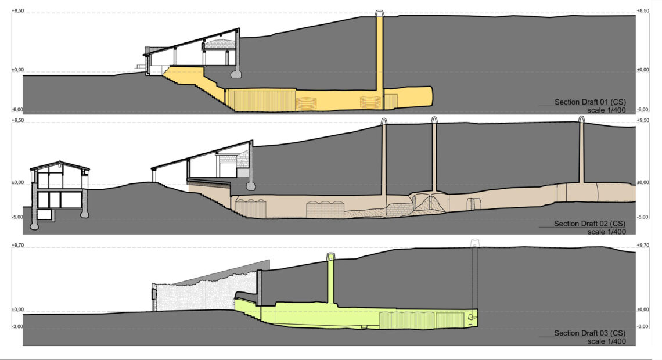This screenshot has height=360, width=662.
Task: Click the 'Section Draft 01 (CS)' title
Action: coord(590,102)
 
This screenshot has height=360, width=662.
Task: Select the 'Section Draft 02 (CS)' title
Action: coord(589,224)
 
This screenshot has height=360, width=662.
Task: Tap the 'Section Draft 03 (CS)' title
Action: coord(589,333)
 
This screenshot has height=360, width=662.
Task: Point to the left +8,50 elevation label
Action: coord(17,10)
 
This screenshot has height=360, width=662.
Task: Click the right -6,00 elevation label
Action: coord(643,109)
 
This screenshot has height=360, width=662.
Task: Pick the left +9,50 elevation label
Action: coord(17,120)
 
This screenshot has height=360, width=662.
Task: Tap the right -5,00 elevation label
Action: coord(643,217)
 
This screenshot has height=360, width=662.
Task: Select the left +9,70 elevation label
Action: coord(17,245)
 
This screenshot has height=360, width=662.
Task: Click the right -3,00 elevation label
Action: coord(643,326)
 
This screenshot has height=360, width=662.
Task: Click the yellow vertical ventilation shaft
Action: coord(380,51)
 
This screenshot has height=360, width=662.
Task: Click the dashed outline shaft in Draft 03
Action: coord(474,274)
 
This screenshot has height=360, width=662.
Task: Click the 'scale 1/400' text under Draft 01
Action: coord(606,110)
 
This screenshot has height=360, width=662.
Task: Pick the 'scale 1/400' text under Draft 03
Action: coord(606,341)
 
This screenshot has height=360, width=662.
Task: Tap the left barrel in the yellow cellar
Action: coord(306,103)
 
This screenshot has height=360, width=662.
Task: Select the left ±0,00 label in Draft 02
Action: coord(17,183)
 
